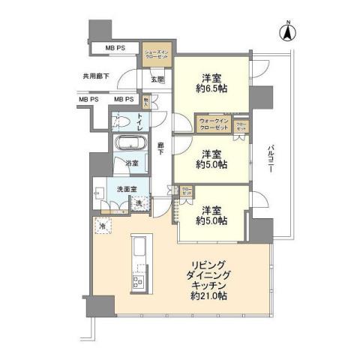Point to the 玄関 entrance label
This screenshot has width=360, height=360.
156,79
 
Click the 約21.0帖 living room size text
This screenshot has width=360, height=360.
209,296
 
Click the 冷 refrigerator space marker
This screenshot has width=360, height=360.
101,226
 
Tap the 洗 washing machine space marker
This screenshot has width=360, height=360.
139,202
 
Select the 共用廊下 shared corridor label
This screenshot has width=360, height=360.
95,76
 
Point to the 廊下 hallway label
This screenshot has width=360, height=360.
160,148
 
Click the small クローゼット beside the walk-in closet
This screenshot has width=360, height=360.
241,125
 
